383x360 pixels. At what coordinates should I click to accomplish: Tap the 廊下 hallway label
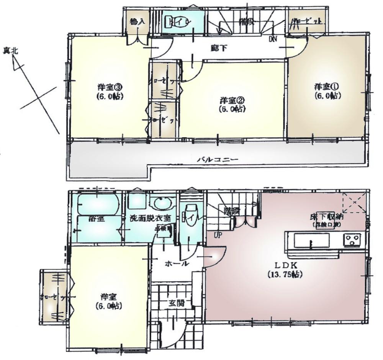click(218, 48)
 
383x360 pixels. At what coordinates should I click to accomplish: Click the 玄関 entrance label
click(177, 303)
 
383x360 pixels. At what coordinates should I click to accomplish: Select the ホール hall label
click(177, 263)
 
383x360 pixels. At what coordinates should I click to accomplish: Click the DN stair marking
click(273, 39)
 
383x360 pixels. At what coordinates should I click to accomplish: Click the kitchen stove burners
click(352, 240)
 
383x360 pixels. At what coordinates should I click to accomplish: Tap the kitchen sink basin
click(311, 241)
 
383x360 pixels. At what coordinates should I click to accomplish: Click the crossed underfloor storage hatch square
click(354, 202)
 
